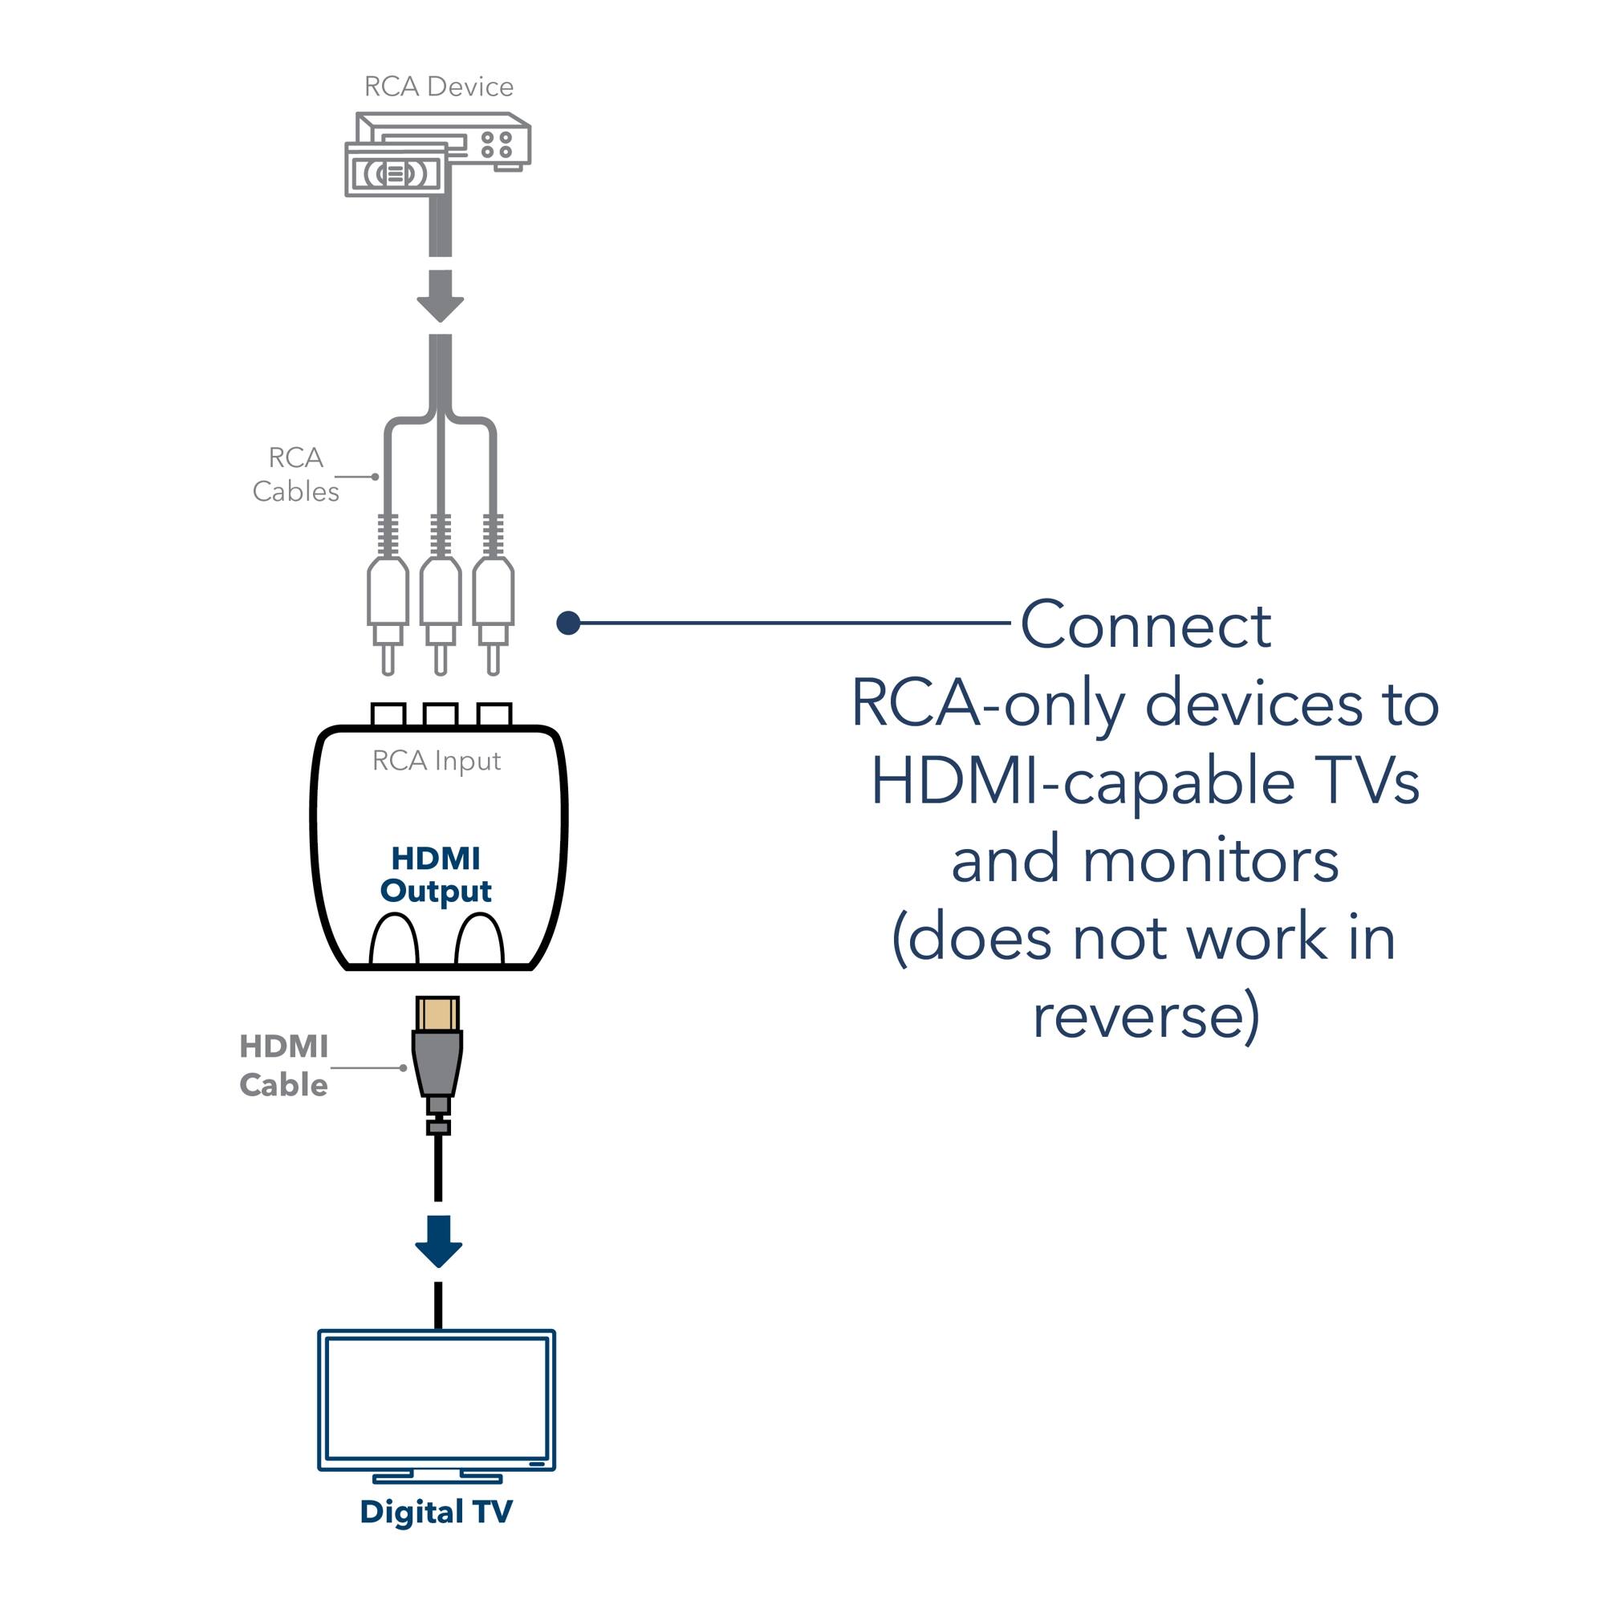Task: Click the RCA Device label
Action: coord(439,87)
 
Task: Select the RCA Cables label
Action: coord(296,474)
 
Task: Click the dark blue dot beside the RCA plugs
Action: coord(568,623)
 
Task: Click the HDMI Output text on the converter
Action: coord(436,874)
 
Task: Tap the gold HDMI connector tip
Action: coord(438,1014)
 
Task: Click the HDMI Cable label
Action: coord(284,1066)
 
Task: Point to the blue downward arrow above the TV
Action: coord(439,1242)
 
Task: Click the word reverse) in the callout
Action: coord(1147,1015)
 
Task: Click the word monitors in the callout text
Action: coord(1210,860)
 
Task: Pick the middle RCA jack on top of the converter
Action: coord(441,715)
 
